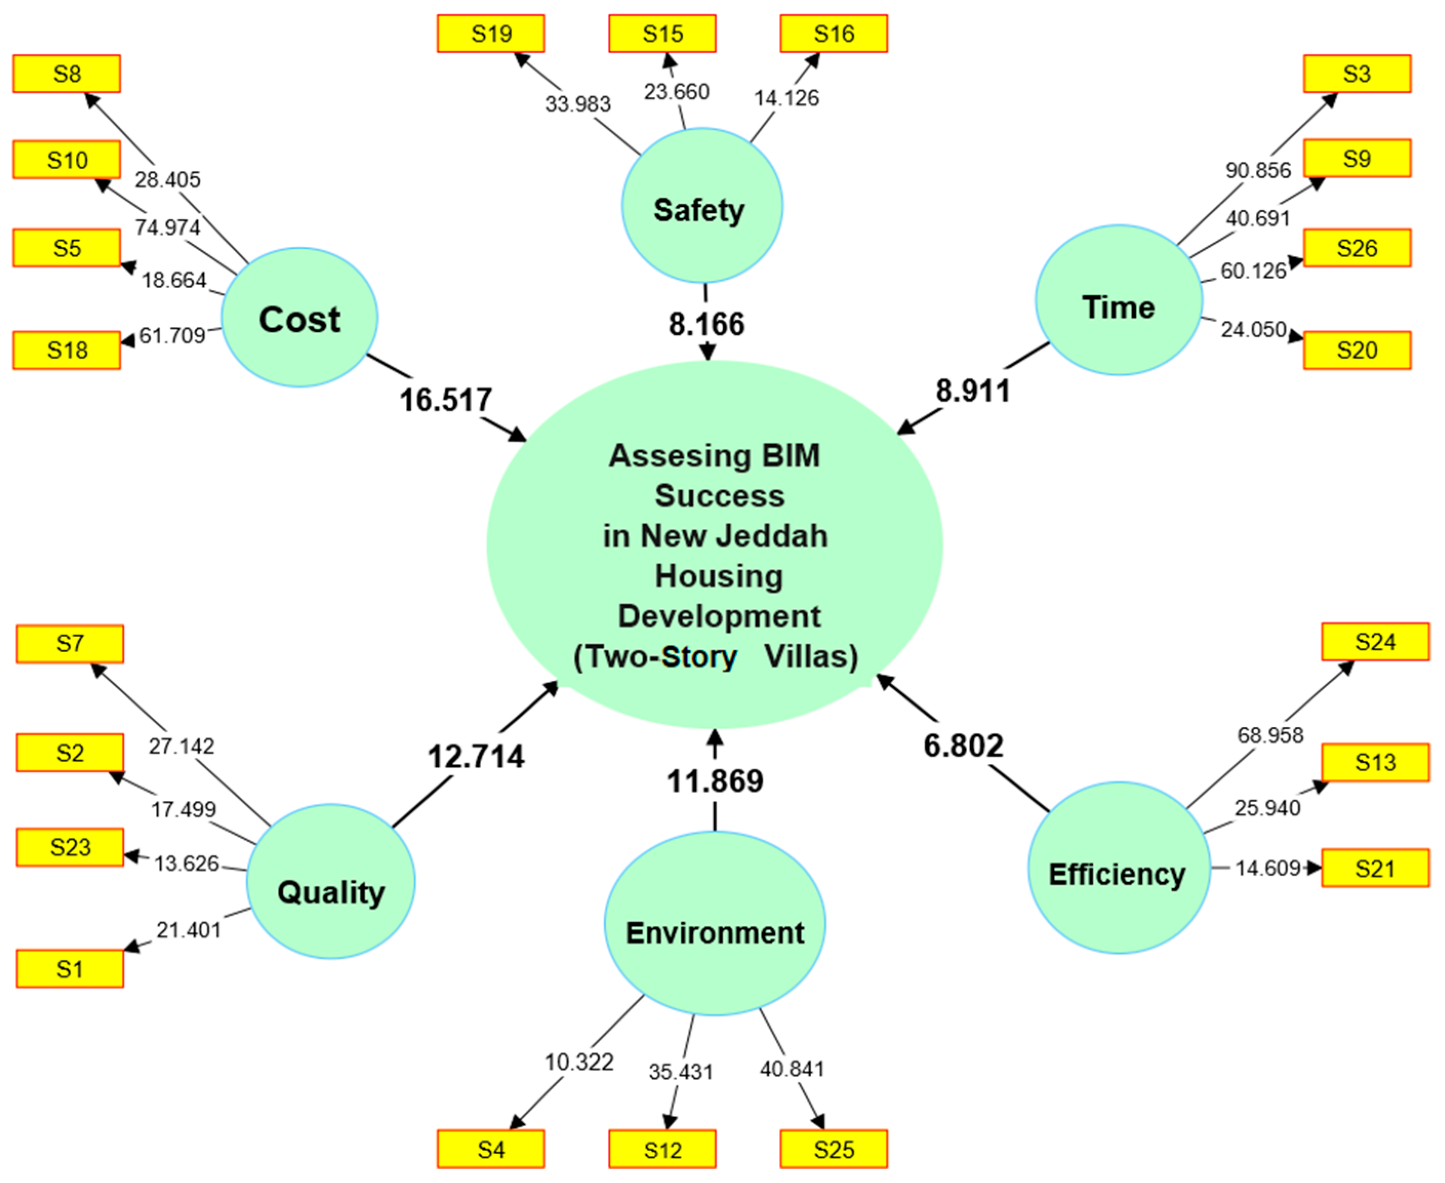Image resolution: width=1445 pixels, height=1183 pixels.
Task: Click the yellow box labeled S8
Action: pyautogui.click(x=67, y=74)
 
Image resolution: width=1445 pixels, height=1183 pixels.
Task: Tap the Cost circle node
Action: pyautogui.click(x=300, y=318)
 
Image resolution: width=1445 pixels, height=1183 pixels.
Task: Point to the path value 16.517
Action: pyautogui.click(x=446, y=400)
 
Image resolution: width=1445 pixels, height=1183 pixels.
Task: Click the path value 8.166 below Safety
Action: pyautogui.click(x=707, y=324)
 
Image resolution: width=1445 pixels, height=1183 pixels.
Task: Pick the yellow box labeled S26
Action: pyautogui.click(x=1356, y=248)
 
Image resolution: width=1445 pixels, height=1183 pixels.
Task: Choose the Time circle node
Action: pyautogui.click(x=1118, y=301)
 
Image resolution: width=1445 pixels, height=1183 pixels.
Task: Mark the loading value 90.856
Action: pyautogui.click(x=1257, y=171)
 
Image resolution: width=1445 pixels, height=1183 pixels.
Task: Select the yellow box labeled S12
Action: pyautogui.click(x=662, y=1150)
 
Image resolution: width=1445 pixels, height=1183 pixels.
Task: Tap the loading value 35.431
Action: pyautogui.click(x=680, y=1072)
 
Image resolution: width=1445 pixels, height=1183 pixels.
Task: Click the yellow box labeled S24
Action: pyautogui.click(x=1375, y=642)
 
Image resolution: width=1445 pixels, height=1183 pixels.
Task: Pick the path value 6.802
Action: pyautogui.click(x=963, y=745)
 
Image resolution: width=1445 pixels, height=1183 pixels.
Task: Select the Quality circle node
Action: pyautogui.click(x=331, y=882)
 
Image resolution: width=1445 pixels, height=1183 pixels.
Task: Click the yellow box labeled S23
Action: pyautogui.click(x=70, y=848)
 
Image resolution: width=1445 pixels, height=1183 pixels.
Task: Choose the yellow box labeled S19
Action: pyautogui.click(x=491, y=33)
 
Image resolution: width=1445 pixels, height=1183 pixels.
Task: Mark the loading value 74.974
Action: pyautogui.click(x=168, y=227)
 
